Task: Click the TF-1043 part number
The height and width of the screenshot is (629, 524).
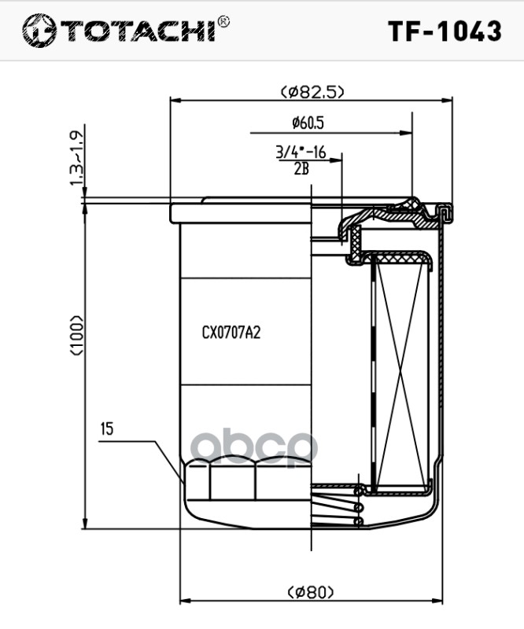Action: click(445, 31)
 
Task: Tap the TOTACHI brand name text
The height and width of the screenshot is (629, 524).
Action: click(138, 30)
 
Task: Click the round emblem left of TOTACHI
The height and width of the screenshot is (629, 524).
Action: click(39, 31)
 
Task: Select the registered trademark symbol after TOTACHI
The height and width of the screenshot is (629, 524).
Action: click(223, 22)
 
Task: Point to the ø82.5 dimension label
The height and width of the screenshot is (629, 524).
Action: click(312, 92)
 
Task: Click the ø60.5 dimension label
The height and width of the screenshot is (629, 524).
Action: click(308, 123)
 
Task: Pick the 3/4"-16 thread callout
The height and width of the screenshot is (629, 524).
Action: click(301, 153)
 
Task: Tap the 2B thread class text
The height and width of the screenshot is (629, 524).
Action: click(301, 169)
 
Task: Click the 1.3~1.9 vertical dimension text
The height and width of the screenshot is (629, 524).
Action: click(77, 159)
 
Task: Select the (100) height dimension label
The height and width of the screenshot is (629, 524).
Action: click(76, 336)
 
